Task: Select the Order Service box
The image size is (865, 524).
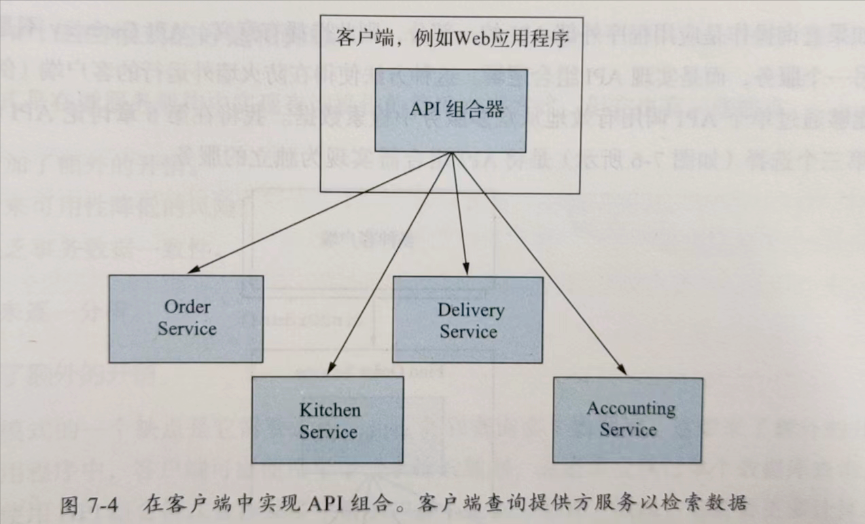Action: (187, 319)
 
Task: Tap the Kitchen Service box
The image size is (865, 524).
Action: (328, 419)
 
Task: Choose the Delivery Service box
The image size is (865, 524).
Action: (468, 320)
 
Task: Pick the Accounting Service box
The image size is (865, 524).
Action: (628, 419)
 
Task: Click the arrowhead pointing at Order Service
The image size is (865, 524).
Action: (192, 270)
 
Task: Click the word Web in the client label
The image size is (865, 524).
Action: (464, 37)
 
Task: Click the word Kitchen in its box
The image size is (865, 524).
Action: (330, 409)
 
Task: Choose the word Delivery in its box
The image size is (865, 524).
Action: (470, 310)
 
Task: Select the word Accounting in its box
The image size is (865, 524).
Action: (631, 409)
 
